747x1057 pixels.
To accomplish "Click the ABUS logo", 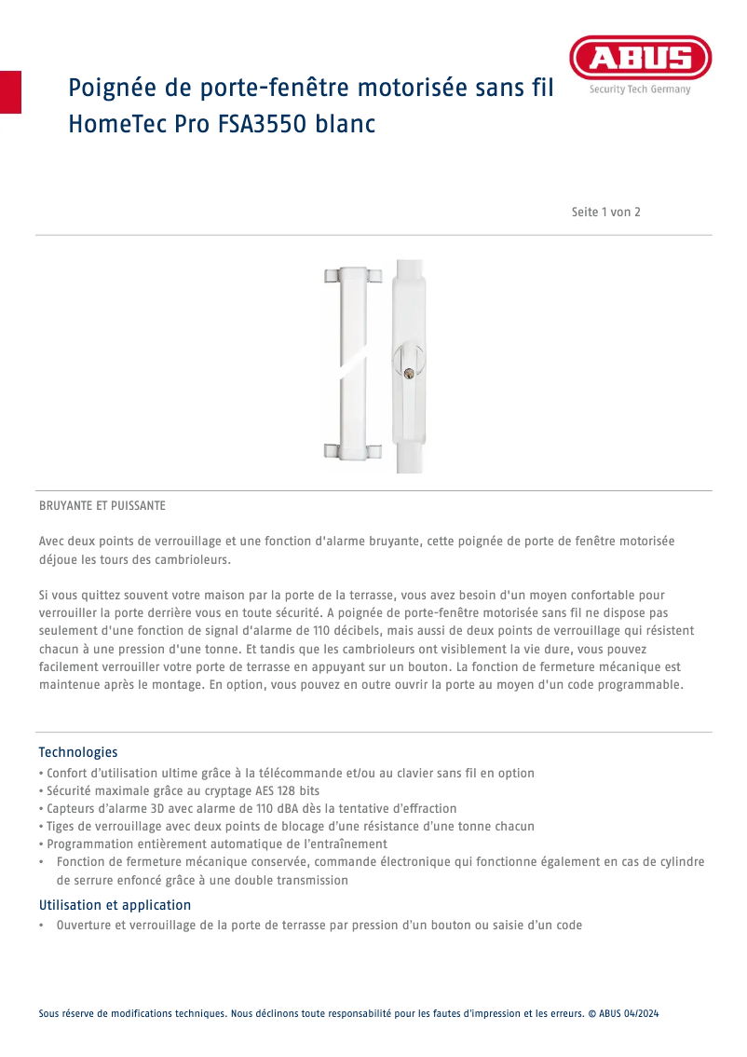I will click(640, 59).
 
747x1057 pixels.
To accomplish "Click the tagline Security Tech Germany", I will click(640, 90).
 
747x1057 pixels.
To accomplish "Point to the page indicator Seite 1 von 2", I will click(605, 213).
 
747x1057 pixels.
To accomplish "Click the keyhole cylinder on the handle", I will click(408, 374).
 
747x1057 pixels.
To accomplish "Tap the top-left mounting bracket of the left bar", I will click(331, 276).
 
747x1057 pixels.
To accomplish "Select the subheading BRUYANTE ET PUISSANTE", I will click(102, 506).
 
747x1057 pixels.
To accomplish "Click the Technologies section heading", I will click(78, 752).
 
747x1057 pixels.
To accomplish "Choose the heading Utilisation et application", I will click(115, 905).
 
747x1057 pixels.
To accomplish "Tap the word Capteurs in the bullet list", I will click(73, 808).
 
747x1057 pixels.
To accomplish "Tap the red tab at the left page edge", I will click(10, 91).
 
